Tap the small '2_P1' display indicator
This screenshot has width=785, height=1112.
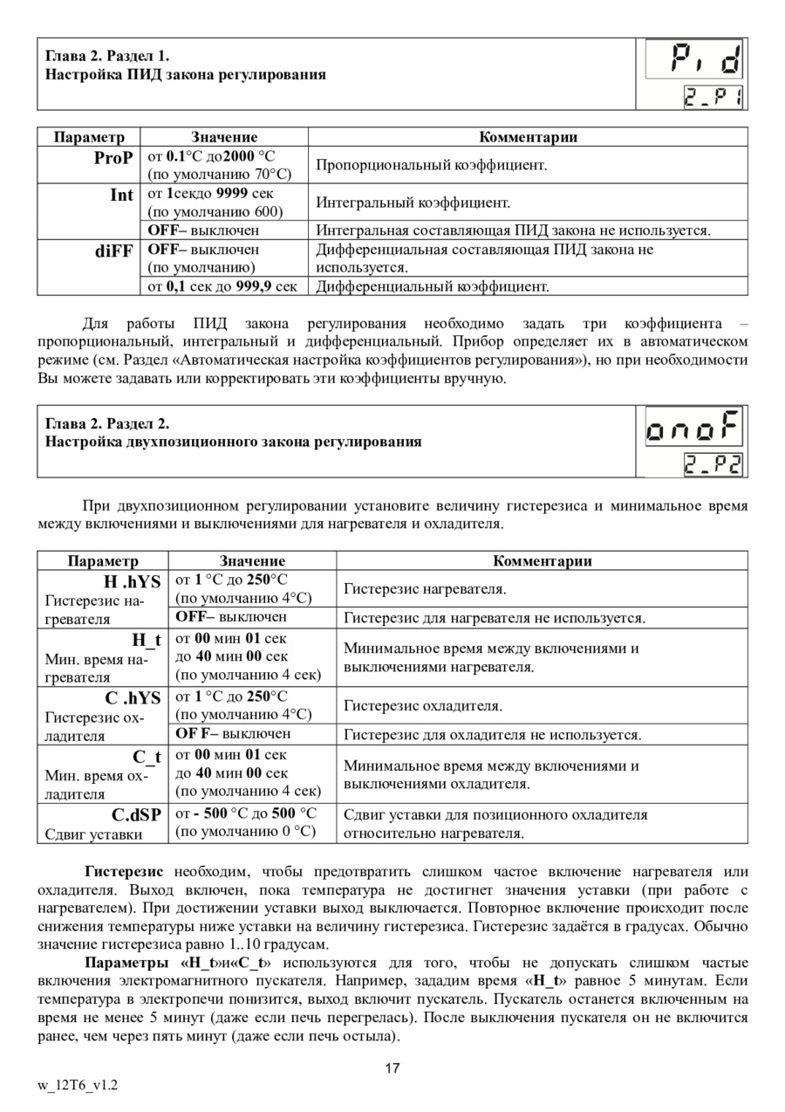click(713, 96)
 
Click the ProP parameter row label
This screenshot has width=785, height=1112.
click(113, 158)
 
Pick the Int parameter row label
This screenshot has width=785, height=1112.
click(121, 195)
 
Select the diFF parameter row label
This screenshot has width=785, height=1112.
click(114, 250)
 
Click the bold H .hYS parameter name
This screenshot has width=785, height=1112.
click(133, 581)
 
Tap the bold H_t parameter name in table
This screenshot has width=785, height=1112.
click(147, 640)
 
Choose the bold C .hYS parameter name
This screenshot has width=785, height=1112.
click(133, 697)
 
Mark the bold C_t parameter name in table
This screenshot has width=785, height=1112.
click(147, 756)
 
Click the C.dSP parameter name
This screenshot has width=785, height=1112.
click(136, 814)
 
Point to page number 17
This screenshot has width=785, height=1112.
click(392, 1067)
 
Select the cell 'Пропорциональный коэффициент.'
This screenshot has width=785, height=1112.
click(431, 165)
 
